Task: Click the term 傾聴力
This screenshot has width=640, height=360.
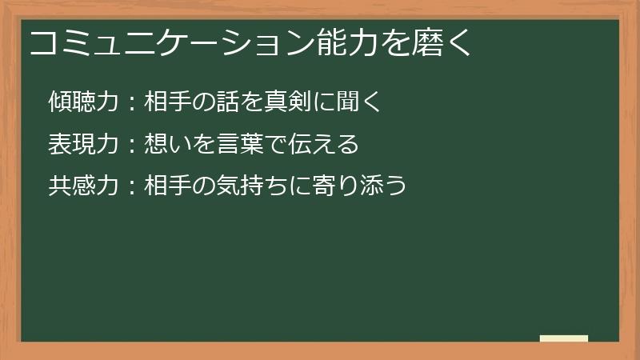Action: (83, 102)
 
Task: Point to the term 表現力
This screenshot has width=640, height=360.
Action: (83, 144)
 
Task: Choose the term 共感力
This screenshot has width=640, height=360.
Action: (83, 186)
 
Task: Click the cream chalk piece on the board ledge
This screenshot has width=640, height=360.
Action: (564, 338)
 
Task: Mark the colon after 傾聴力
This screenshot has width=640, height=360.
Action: (132, 102)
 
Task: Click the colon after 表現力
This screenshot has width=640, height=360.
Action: (132, 145)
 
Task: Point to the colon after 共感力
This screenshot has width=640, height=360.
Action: (132, 187)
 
